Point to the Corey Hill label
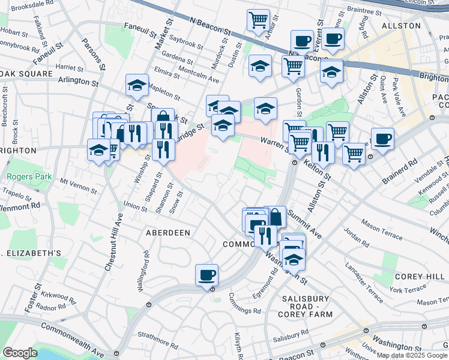[x=419, y=276]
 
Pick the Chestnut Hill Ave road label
[x=113, y=236]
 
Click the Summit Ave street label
[x=304, y=223]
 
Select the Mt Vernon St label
[x=78, y=185]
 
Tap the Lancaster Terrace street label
[x=365, y=275]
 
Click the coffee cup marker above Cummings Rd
[x=207, y=275]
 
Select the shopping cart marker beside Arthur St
[x=258, y=20]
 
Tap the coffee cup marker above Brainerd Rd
[x=382, y=139]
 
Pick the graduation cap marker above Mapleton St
[x=137, y=85]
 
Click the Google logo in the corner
[x=20, y=353]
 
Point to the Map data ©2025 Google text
[x=412, y=355]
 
